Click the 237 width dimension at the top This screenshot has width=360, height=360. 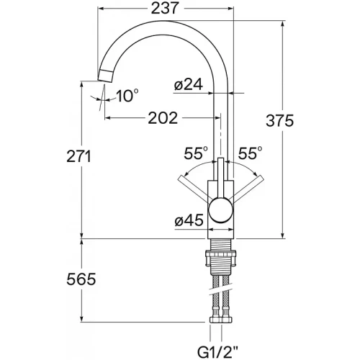pyautogui.click(x=166, y=8)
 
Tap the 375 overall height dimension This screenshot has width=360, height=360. pyautogui.click(x=280, y=120)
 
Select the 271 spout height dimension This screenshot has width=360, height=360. pyautogui.click(x=79, y=156)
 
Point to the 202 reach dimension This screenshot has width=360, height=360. pyautogui.click(x=163, y=118)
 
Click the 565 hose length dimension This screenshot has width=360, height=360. pyautogui.click(x=81, y=279)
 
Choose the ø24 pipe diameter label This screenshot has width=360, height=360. pyautogui.click(x=189, y=84)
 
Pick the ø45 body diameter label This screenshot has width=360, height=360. pyautogui.click(x=189, y=220)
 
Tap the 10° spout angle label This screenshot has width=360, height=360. pyautogui.click(x=127, y=96)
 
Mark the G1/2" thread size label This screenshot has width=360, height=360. pyautogui.click(x=217, y=352)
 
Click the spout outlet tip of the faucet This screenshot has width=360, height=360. pyautogui.click(x=105, y=76)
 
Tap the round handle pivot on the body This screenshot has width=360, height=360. pyautogui.click(x=221, y=210)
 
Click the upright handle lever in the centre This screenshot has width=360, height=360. pyautogui.click(x=220, y=178)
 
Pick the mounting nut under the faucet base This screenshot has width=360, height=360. pyautogui.click(x=221, y=258)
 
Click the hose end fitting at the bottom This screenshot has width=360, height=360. pyautogui.click(x=221, y=320)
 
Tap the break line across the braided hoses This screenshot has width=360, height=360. pyautogui.click(x=221, y=290)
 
